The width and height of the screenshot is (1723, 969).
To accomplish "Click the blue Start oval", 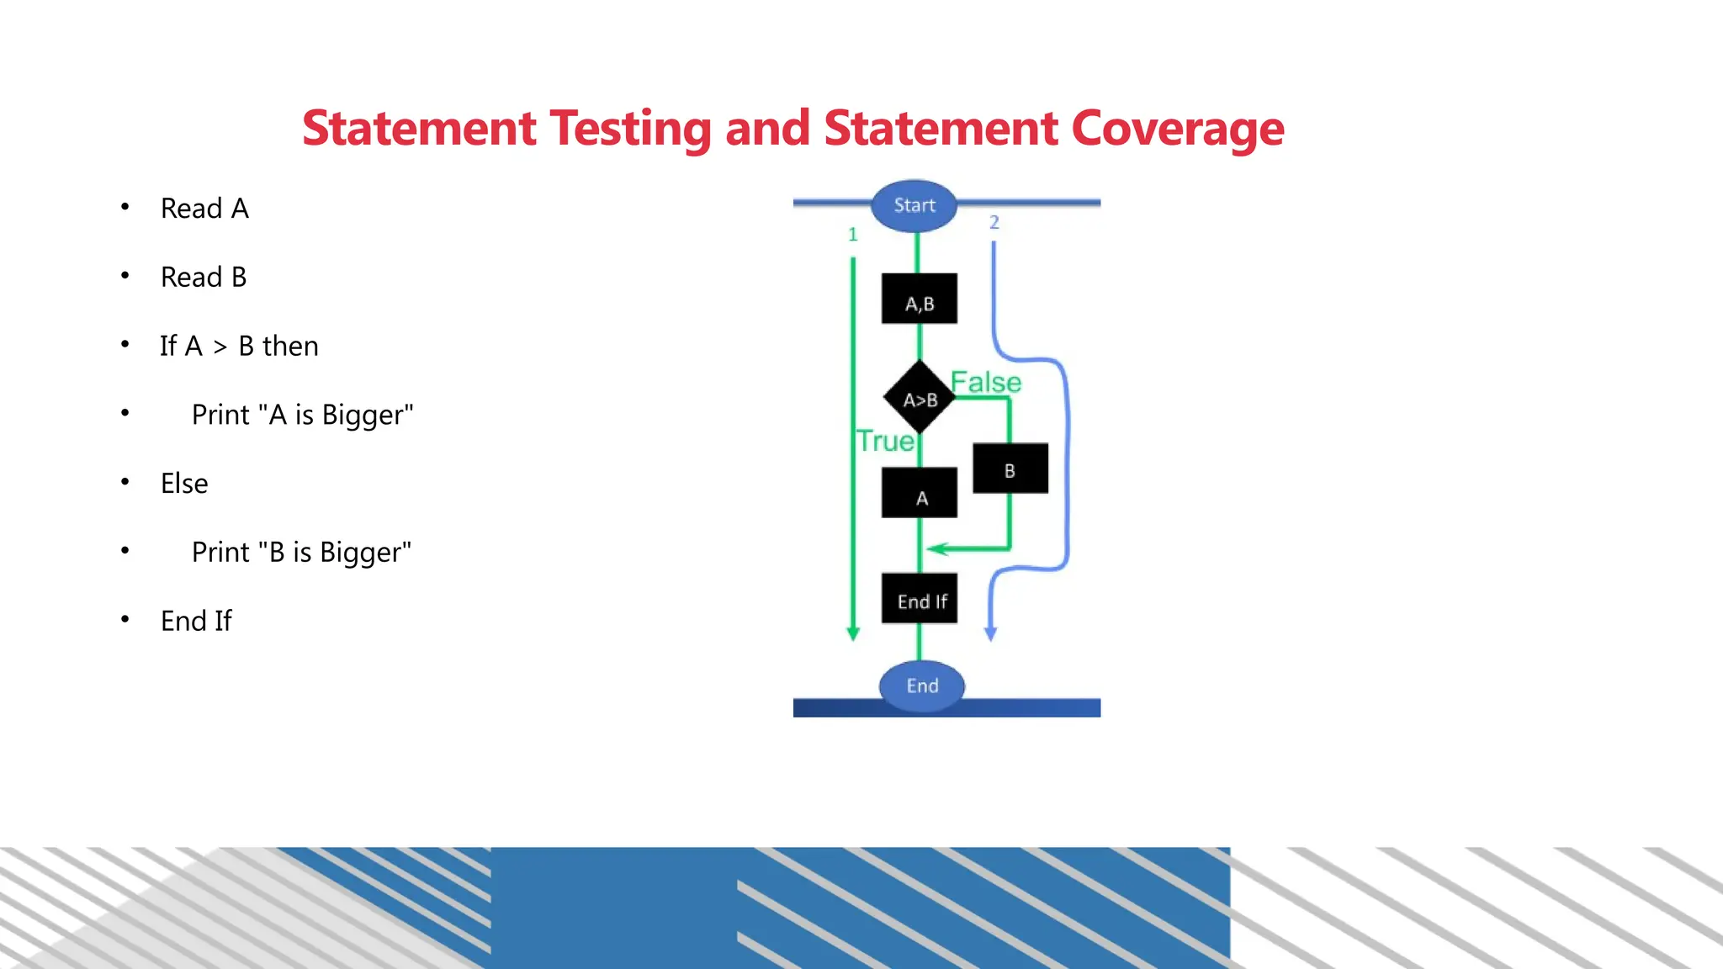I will click(915, 206).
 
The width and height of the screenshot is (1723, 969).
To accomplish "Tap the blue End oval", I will click(922, 686).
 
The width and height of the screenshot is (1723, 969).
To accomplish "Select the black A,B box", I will click(920, 299).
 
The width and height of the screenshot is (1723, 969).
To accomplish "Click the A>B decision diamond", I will click(920, 397).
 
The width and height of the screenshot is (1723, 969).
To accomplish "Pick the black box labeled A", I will click(920, 493).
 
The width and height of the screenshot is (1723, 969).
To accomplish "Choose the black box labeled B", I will click(1010, 469).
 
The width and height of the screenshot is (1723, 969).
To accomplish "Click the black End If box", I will click(920, 599).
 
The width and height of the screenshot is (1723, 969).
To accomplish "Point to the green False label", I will click(986, 383).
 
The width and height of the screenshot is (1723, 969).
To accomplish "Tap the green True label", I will click(885, 442).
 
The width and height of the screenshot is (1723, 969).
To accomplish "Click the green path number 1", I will click(853, 235).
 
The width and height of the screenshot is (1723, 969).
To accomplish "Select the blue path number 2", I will click(994, 223).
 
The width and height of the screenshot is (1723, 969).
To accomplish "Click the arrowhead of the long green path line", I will click(853, 633).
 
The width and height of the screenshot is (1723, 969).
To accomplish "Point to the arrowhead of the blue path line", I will click(991, 633).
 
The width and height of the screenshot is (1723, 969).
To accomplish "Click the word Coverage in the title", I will click(1178, 129).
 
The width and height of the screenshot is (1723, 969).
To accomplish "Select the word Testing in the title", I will click(631, 129).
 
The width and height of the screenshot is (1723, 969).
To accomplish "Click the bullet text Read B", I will click(204, 278).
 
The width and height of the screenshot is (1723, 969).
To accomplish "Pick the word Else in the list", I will click(184, 484).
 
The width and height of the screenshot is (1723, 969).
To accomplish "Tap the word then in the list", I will click(290, 347).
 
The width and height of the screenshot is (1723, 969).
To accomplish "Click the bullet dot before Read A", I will click(125, 207).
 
